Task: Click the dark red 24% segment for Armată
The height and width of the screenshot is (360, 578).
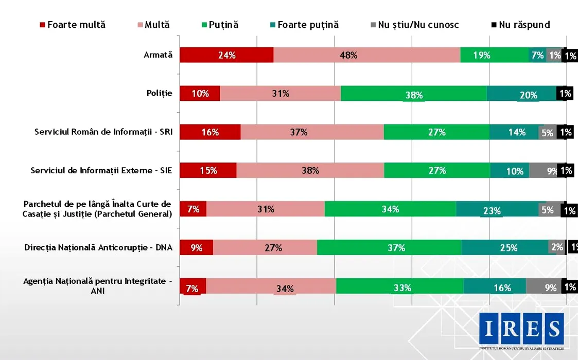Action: [226, 55]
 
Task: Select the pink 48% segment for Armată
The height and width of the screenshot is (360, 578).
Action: [366, 55]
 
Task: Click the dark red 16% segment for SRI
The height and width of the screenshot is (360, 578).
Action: [210, 132]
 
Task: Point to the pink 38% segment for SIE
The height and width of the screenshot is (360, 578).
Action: [310, 170]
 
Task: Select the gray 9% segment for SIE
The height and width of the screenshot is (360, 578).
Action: [544, 170]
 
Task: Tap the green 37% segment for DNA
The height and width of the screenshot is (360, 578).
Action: [389, 247]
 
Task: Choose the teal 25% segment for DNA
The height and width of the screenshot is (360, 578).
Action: [504, 247]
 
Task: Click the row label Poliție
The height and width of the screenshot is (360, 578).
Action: [159, 94]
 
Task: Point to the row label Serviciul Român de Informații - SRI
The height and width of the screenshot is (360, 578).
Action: [103, 132]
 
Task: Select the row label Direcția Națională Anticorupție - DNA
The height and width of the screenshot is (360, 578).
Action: [98, 247]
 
